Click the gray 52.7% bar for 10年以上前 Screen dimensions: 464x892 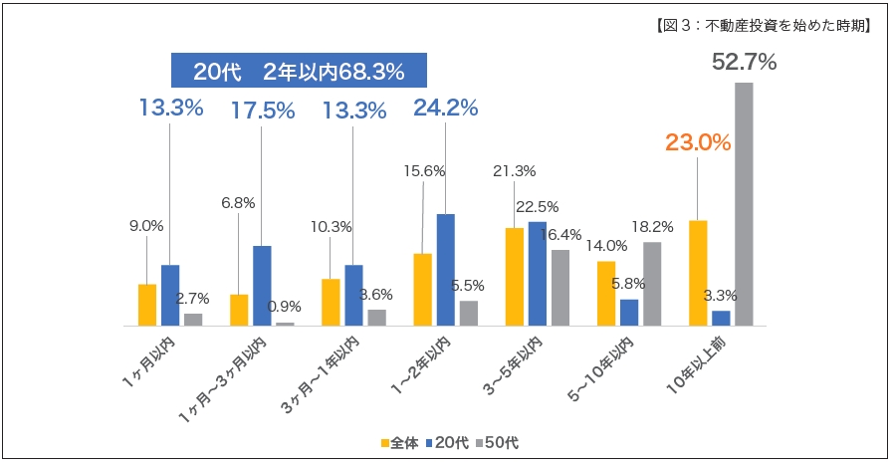click(744, 203)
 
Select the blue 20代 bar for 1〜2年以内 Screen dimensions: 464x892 click(446, 269)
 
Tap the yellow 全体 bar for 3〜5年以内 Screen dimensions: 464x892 click(515, 276)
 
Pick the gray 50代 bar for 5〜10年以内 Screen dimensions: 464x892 click(652, 284)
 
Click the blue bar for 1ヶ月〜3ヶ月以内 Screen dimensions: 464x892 click(262, 285)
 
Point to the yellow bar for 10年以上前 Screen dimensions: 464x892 click(698, 272)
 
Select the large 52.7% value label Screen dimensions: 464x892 click(744, 63)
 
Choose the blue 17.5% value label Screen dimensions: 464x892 click(262, 111)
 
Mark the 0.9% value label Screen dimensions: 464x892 click(286, 307)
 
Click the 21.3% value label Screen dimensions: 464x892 click(515, 170)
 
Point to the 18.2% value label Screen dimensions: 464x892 click(652, 227)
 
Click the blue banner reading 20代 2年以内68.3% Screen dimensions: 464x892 click(299, 72)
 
